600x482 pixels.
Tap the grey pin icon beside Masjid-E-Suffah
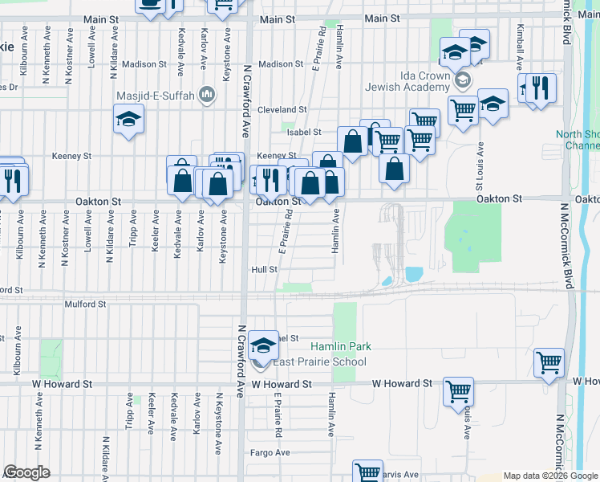[207, 96]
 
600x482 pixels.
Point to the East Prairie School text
[320, 361]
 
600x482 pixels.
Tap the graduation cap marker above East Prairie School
[262, 346]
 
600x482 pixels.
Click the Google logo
[26, 472]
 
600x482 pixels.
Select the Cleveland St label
[283, 109]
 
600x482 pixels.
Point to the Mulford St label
[86, 304]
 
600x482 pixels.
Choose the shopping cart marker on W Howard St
[458, 391]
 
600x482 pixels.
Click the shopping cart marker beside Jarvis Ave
[367, 474]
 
